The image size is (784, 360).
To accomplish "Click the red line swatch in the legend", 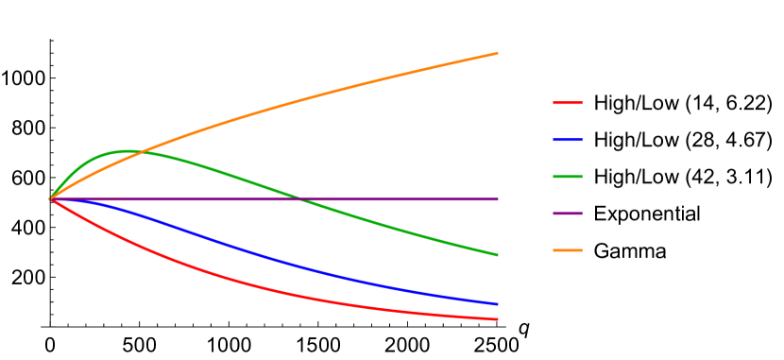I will [x=568, y=103].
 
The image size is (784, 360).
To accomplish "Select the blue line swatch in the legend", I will [x=568, y=140].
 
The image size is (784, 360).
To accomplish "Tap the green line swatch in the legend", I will [x=568, y=177].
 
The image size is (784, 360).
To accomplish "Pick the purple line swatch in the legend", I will [x=568, y=214].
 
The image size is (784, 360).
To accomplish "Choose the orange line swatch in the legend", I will [x=568, y=250].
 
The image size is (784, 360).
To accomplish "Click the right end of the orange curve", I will [x=497, y=54].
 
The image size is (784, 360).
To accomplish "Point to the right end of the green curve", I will [x=497, y=254].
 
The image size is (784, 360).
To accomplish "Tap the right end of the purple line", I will [x=497, y=199].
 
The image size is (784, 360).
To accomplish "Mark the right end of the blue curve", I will [x=497, y=303].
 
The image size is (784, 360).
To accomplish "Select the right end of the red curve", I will [x=497, y=319].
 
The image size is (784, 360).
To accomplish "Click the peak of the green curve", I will [x=123, y=151].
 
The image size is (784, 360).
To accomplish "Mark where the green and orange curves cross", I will [x=141, y=152].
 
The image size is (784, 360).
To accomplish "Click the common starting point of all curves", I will [x=51, y=199].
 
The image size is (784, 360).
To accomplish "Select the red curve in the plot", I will [x=236, y=281].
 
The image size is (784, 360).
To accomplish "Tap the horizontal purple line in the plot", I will [x=397, y=199].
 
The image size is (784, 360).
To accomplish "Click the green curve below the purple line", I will [x=397, y=229].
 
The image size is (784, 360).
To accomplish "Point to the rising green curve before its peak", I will [x=76, y=170].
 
